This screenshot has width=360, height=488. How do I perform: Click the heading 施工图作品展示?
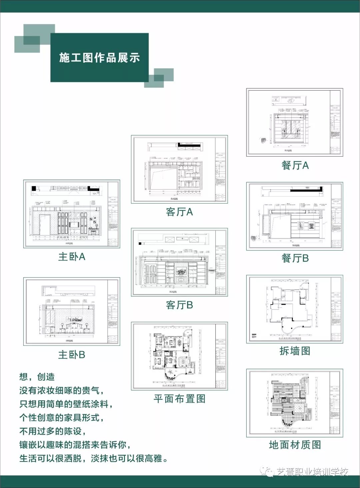tap(99, 58)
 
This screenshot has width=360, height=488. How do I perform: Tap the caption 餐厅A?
tap(295, 166)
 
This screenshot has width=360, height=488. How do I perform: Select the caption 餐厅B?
tap(295, 258)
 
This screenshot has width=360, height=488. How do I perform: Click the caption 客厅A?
tap(179, 212)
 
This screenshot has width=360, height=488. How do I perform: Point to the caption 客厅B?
tap(179, 305)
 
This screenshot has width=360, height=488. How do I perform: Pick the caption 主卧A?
tap(72, 257)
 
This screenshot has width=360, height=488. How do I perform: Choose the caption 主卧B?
tap(72, 355)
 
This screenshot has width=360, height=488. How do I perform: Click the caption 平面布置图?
tap(179, 399)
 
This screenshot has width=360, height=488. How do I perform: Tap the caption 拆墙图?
tap(295, 351)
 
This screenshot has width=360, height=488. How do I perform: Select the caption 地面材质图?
tap(295, 445)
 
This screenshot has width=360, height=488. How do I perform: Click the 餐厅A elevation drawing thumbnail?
tap(295, 122)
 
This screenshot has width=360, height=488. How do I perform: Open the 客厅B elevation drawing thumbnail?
tap(179, 262)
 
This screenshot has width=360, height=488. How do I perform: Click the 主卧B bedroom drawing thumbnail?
tap(72, 311)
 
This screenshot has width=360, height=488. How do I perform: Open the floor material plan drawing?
tap(295, 403)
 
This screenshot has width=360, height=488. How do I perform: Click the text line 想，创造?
tap(37, 377)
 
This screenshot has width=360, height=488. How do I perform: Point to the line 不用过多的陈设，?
tap(53, 431)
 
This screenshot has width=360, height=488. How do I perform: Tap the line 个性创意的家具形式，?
tap(62, 417)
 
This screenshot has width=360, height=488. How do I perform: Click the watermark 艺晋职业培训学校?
tap(312, 472)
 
